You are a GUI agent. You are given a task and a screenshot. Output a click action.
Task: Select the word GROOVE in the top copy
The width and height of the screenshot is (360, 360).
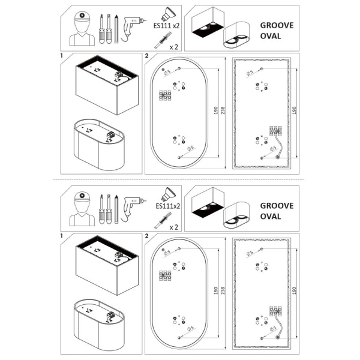point(277,26)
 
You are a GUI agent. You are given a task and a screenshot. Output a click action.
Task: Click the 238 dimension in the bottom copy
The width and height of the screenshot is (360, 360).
point(223,293)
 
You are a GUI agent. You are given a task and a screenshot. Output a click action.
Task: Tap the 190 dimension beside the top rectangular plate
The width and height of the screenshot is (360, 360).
point(293,112)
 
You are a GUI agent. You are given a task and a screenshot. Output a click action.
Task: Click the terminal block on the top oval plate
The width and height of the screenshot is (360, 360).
point(165,96)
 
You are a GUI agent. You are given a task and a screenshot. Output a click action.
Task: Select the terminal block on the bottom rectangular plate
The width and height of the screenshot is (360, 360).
point(277,310)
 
